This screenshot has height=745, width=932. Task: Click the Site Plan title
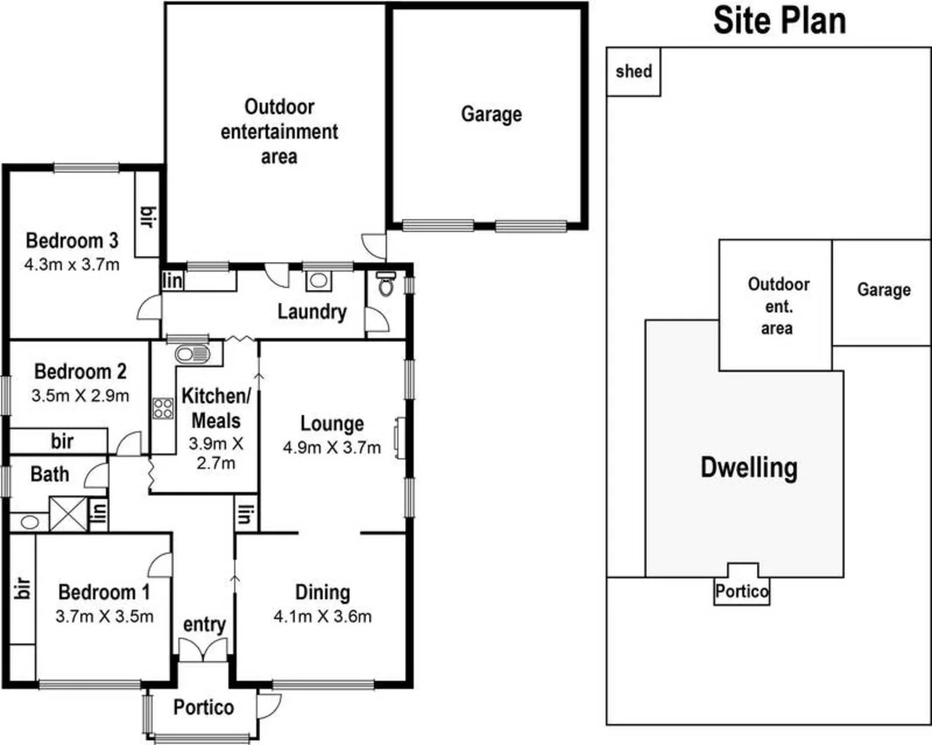pos(780,21)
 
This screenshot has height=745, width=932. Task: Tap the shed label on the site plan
pos(633,71)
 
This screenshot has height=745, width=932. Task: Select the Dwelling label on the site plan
pos(749,468)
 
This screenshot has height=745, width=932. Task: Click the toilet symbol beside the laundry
pos(386,284)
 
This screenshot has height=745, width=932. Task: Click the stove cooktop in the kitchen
pos(163,408)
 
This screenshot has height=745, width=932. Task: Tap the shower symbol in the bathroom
pos(68,514)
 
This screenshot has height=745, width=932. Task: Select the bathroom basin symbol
pos(30,522)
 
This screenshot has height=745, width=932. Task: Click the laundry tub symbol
pos(318,280)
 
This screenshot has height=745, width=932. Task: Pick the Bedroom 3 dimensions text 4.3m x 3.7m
pos(72,264)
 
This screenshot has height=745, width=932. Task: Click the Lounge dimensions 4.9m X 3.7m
pos(332,448)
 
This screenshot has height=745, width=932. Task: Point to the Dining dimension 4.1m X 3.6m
pos(322,617)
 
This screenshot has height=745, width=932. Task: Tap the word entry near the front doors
pos(204,625)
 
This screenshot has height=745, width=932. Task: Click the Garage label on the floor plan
pos(491,114)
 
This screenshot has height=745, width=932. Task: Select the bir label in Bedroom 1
pos(23,588)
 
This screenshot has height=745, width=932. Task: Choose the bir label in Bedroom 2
pos(62,441)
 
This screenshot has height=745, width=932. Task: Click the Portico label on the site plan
pos(742,592)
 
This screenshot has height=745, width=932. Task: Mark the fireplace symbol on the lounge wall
pos(399,438)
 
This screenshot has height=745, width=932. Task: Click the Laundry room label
pos(312,312)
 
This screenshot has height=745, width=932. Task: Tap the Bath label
pos(50,475)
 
